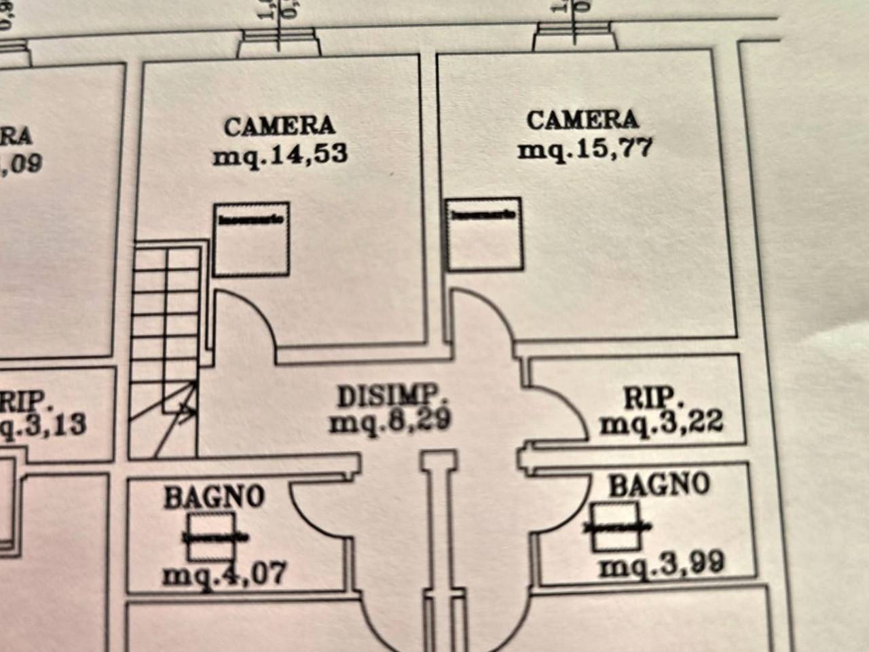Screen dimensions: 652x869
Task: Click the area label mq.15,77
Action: coord(585,148)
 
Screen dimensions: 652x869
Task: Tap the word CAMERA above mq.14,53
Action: coord(280,126)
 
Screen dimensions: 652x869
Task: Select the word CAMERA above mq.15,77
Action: coord(583,120)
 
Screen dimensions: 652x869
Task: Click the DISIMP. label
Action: coord(392,396)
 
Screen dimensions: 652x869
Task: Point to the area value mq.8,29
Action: coord(390,422)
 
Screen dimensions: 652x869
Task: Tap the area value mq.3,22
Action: coord(662,424)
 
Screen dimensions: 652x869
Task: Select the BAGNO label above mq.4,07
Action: coord(214,496)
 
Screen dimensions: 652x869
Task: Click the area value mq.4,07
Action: coord(225,574)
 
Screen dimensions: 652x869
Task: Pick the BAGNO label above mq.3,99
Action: coord(659,485)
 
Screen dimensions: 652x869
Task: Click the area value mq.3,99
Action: coord(662,564)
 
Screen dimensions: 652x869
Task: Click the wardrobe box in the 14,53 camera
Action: coord(252,240)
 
